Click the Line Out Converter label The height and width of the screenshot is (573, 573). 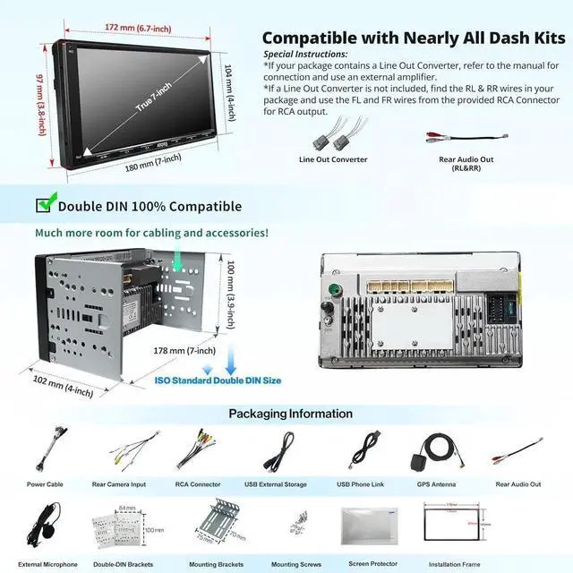[x=333, y=159]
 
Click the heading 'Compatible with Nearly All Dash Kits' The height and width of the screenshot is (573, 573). [x=414, y=38]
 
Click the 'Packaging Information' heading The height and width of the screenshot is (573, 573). [x=291, y=414]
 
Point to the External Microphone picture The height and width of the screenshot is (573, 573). [x=44, y=526]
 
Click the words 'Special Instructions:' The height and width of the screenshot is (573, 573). [x=305, y=55]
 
